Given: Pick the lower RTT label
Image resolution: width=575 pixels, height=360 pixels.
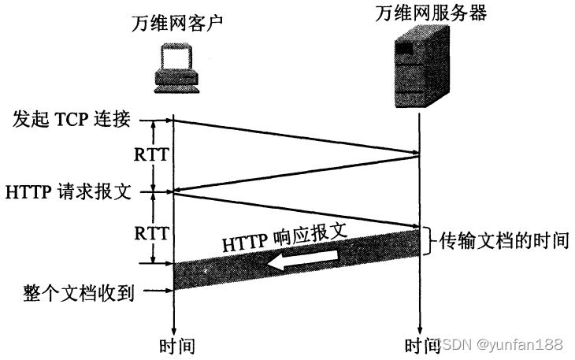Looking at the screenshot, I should coord(151,233).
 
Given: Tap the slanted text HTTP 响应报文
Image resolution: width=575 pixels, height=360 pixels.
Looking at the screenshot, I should coord(285,237).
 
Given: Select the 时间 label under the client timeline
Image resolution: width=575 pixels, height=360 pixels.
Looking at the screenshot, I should coord(176,346).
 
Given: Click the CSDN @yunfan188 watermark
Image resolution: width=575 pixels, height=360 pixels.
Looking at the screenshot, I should coord(500,345).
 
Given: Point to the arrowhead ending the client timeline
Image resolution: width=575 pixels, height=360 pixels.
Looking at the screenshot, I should coord(173,329).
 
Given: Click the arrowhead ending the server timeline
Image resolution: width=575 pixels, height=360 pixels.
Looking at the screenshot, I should coord(419,329).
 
